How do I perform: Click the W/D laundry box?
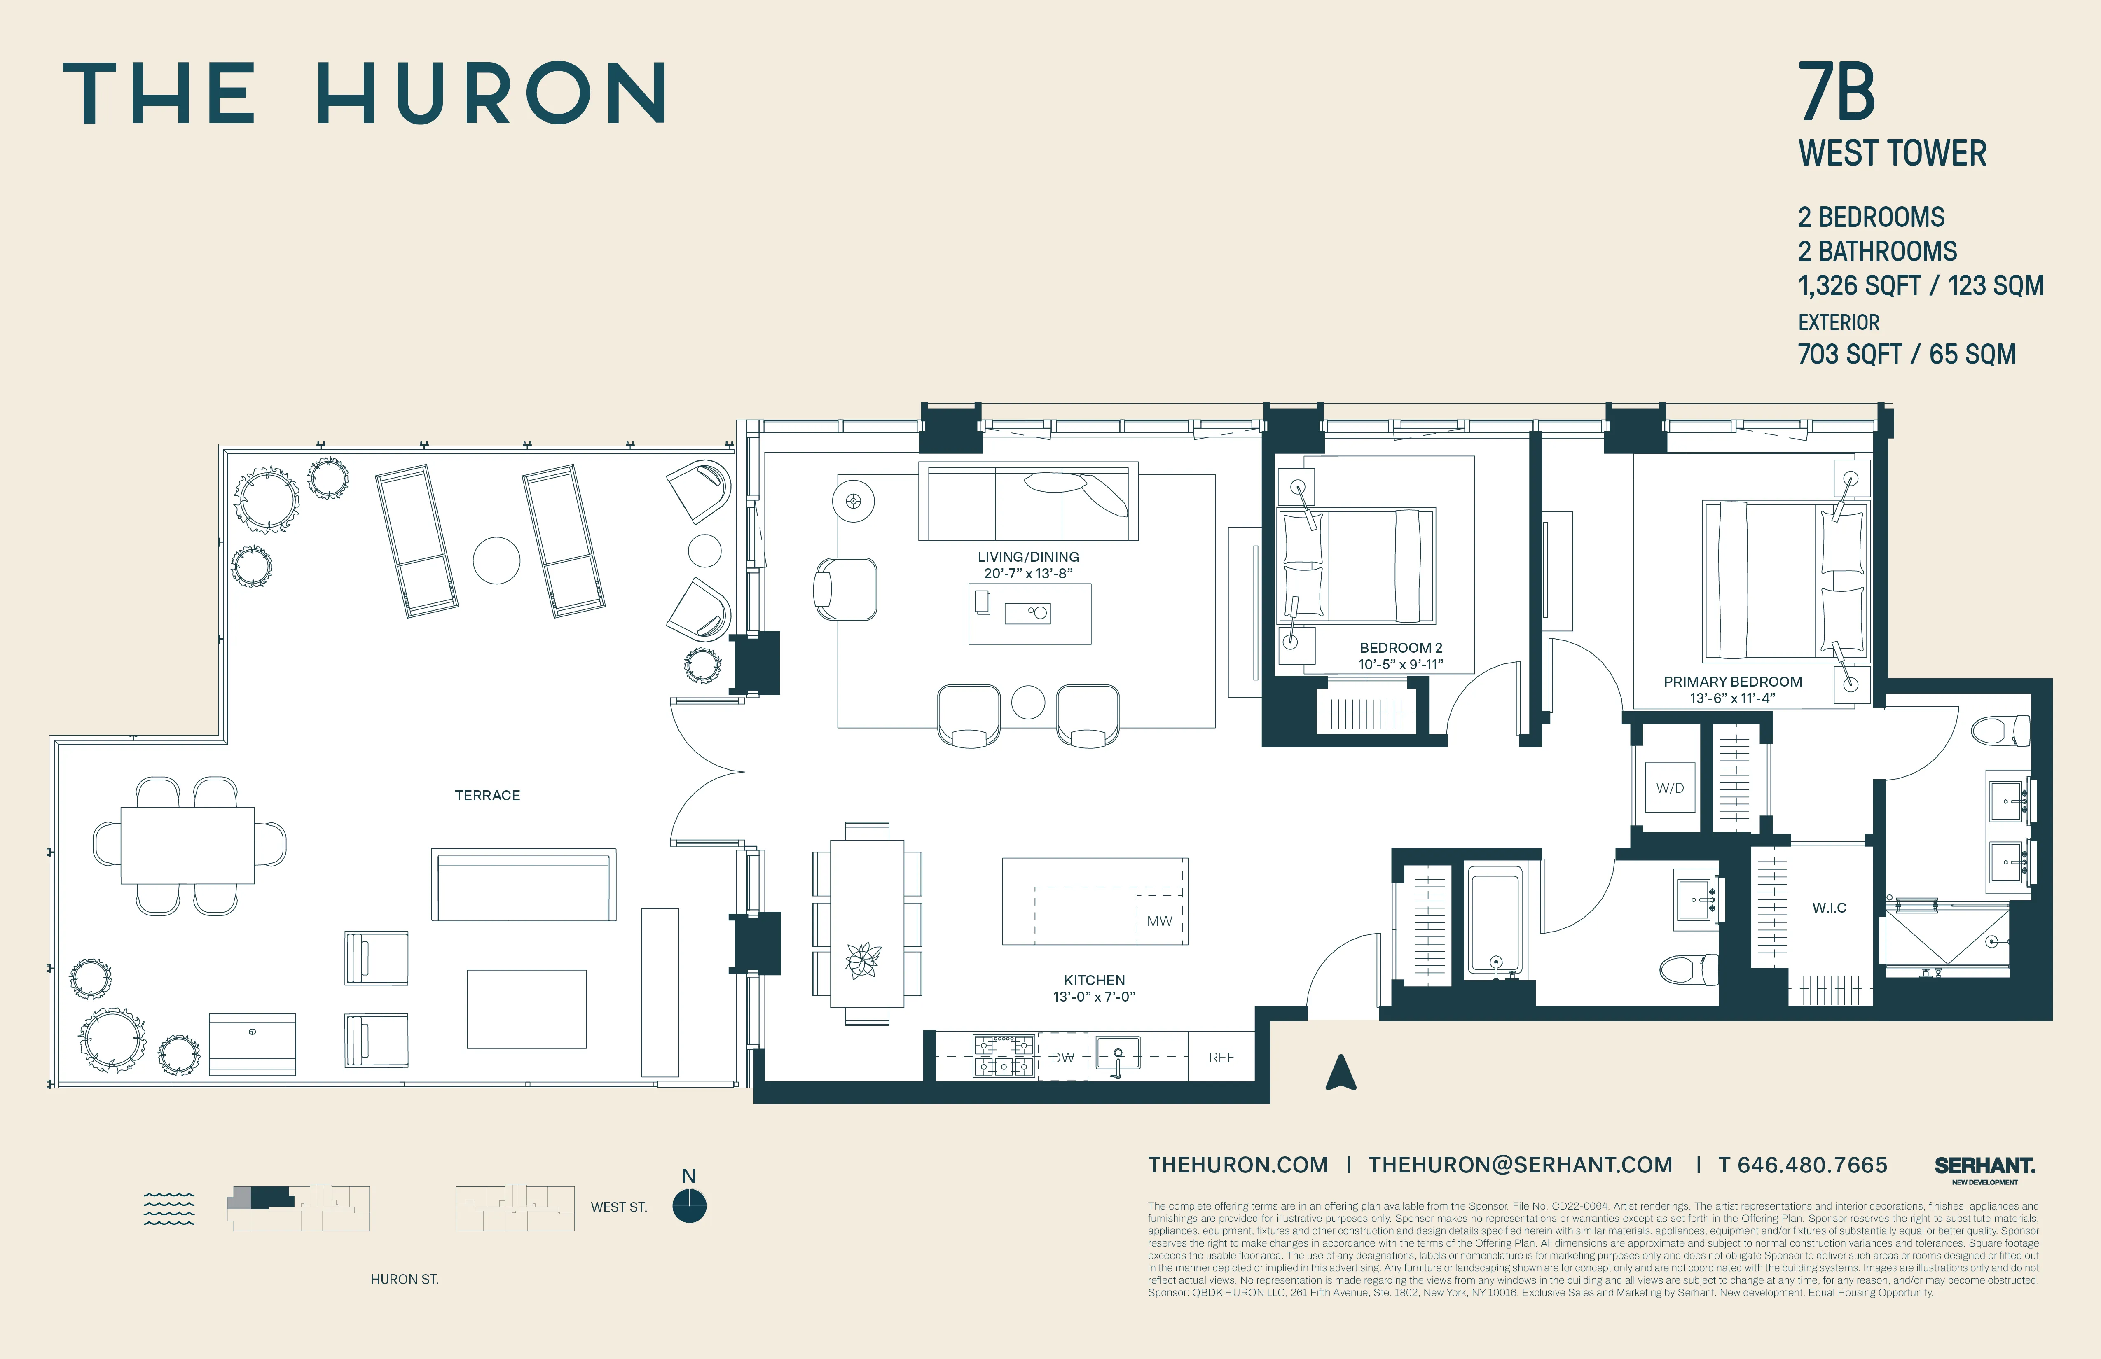click(1669, 787)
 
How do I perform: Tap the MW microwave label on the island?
click(1159, 920)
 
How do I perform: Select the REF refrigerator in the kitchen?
click(1221, 1057)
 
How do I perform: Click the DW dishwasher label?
click(1063, 1057)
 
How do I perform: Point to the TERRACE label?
click(487, 795)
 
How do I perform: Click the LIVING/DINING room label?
click(1027, 557)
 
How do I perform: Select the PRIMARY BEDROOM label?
click(1733, 681)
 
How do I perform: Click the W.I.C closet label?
click(1829, 907)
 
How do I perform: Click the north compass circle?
click(690, 1206)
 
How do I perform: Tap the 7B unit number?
click(1837, 93)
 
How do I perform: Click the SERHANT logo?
click(1984, 1167)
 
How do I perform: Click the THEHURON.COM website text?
click(1238, 1165)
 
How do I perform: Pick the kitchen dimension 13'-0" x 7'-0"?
click(1094, 996)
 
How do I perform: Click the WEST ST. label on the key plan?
click(619, 1207)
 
